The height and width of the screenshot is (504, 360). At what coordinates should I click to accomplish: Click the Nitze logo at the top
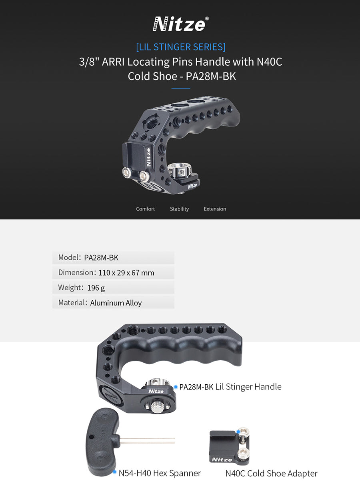[179, 24]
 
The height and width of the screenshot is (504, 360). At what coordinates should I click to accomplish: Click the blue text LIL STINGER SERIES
[181, 47]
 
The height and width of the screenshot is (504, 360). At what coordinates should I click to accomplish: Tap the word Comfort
[145, 209]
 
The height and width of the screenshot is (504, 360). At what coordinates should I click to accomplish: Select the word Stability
[179, 209]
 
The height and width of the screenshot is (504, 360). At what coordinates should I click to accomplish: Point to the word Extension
[215, 209]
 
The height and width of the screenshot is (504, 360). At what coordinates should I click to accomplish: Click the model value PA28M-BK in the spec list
[101, 258]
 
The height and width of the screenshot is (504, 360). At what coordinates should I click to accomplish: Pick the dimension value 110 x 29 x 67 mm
[126, 273]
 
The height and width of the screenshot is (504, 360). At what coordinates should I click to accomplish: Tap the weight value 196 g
[96, 288]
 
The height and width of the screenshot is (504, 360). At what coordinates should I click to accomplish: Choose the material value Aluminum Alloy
[116, 303]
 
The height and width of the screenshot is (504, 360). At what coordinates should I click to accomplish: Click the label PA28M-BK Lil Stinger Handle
[230, 387]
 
